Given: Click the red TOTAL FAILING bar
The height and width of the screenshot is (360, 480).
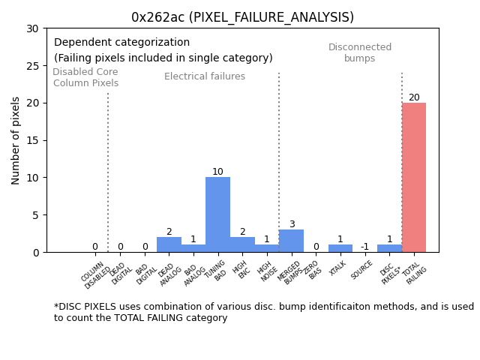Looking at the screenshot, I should coord(414,178).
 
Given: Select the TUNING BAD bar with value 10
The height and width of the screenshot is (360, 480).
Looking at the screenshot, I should coord(217,214).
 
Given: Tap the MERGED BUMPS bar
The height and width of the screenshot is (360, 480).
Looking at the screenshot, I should coord(291,241).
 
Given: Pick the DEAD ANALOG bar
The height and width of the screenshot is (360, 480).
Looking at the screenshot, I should coord(169,244).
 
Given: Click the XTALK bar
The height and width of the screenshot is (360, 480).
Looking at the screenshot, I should coord(340,248).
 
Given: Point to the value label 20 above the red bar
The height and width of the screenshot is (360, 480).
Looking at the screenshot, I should coord(414,97).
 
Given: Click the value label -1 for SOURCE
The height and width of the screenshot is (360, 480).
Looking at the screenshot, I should coord(364,247).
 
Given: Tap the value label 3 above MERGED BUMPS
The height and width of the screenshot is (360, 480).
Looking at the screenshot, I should coord(291,224).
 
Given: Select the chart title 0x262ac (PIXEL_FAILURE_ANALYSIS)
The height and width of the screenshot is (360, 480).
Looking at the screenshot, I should coord(242,17).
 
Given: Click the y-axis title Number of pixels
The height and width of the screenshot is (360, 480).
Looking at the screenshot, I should coord(16,140).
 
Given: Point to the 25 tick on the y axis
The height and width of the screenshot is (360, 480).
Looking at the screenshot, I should coord(34,65).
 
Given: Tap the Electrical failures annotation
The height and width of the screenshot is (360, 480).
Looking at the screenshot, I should coord(205,76).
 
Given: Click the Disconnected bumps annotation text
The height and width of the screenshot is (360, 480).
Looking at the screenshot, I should coord(360,52).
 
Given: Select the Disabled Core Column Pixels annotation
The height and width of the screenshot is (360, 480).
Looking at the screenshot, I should coord(85,77).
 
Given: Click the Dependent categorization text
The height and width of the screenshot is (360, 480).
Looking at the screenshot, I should coord(121,43).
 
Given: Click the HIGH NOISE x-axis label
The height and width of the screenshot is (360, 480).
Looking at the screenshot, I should coord(266,272).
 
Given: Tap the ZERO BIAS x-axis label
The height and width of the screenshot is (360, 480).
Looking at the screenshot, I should coord(314,271).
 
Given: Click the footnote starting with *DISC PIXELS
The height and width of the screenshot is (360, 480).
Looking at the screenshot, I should coord(263,312).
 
